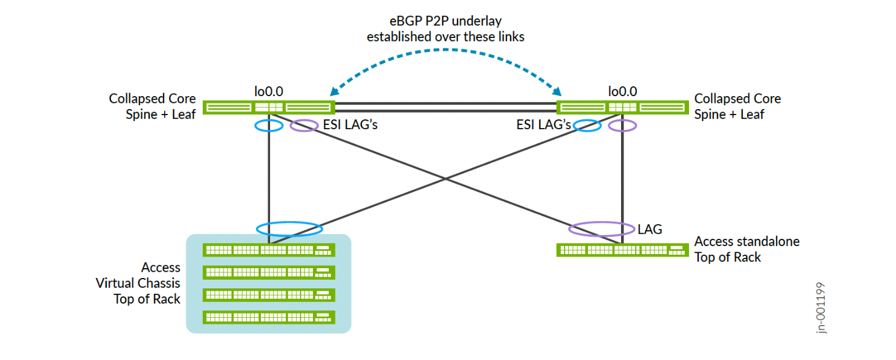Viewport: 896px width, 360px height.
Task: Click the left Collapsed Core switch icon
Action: point(269,108)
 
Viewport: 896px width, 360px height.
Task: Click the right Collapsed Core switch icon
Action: point(622,108)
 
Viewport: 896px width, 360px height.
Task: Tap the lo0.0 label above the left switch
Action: point(269,92)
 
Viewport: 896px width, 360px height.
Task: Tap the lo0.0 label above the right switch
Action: point(622,92)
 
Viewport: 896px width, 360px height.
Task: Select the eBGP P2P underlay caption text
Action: point(445,29)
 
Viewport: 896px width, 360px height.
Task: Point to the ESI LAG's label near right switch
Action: point(544,126)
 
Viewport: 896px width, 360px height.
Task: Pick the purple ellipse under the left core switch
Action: point(304,126)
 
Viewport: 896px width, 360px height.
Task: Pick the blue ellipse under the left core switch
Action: point(268,126)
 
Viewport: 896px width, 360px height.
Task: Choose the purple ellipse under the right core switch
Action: point(623,126)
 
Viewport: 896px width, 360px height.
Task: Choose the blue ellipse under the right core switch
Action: point(587,126)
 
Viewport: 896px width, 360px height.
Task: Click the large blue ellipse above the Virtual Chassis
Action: point(289,230)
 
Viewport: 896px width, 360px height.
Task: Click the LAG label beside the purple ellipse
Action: point(650,230)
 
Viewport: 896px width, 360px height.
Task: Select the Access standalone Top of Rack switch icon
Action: point(622,250)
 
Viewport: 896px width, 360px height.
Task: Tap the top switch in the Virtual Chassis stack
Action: point(269,250)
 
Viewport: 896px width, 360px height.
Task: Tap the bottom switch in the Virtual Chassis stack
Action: point(269,317)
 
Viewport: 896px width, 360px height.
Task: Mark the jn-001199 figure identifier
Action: point(821,307)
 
